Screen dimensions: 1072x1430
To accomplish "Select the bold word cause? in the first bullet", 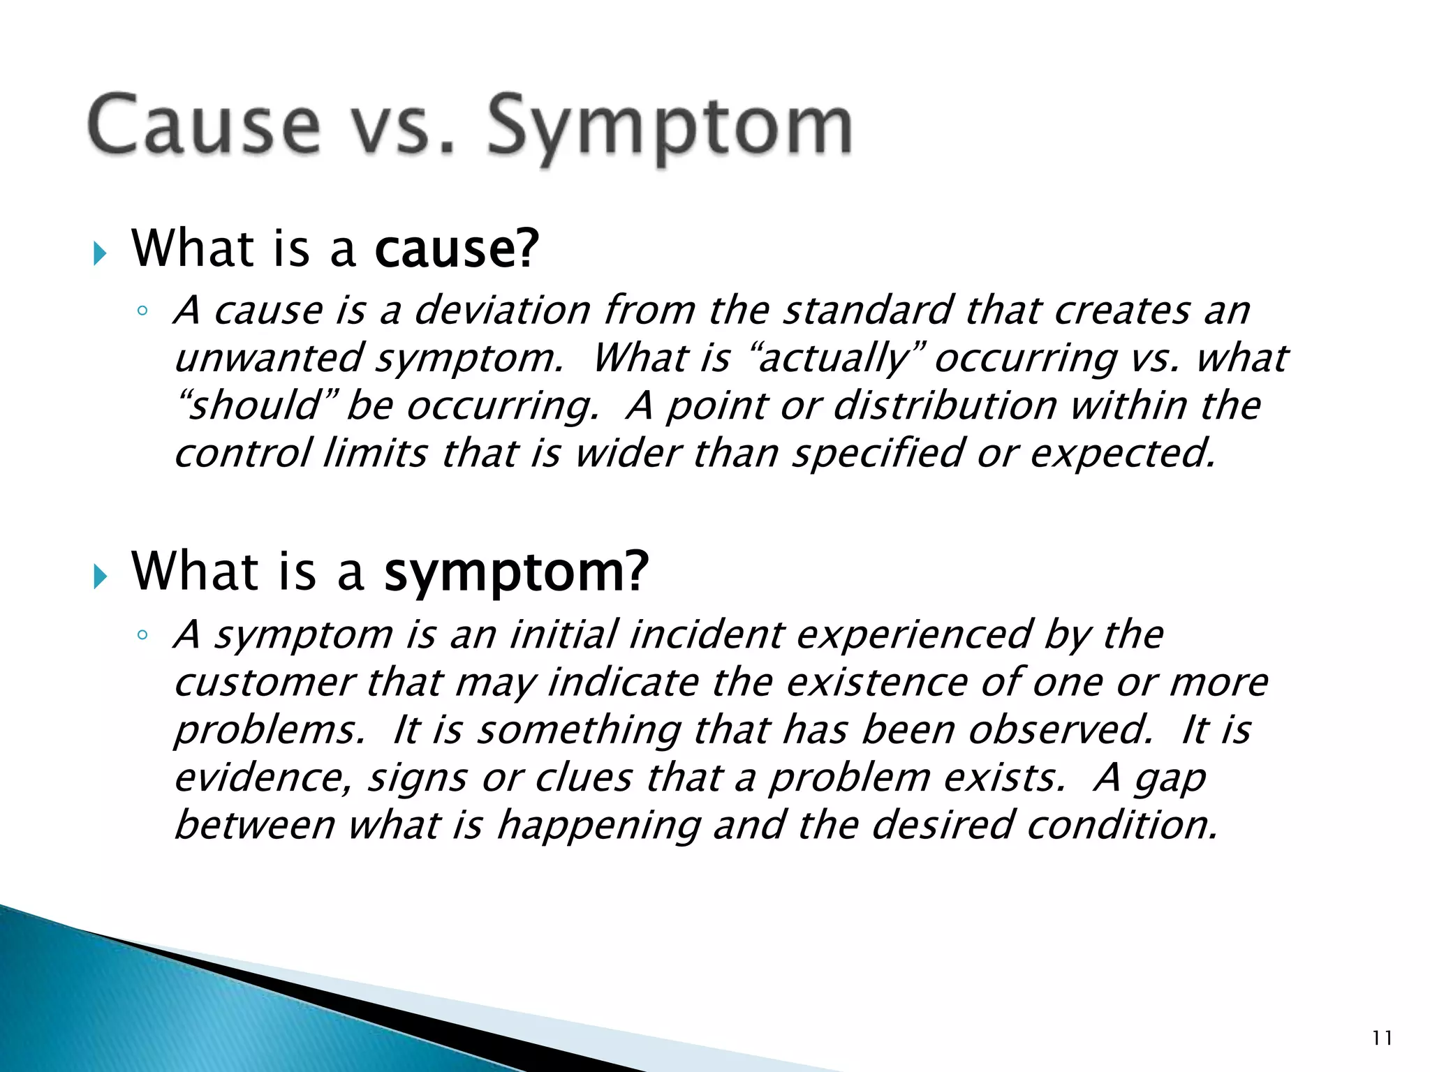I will point(457,249).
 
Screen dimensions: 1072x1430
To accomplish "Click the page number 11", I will point(1382,1038).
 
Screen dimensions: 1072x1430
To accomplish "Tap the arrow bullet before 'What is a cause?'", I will point(100,254).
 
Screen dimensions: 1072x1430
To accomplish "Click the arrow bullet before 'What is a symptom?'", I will point(100,577).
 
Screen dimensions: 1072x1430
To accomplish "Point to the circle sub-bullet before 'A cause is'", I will point(142,311).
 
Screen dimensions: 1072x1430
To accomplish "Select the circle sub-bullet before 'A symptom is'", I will point(142,635).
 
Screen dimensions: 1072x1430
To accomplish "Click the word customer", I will point(265,683).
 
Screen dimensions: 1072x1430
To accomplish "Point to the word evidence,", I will point(263,778).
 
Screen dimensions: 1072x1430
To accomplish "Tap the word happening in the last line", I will point(598,826).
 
